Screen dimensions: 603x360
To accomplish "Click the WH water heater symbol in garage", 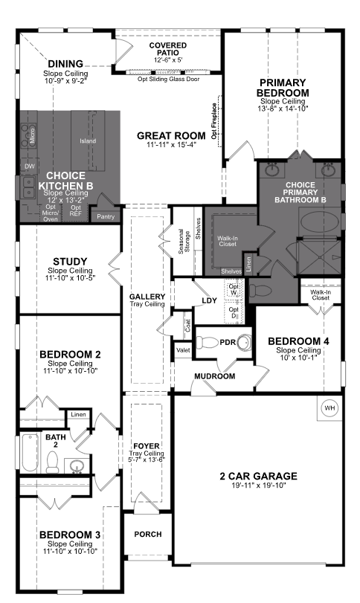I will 329,407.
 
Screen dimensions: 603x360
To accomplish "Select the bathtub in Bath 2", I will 28,453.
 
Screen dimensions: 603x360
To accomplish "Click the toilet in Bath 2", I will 53,462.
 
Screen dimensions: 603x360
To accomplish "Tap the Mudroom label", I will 215,376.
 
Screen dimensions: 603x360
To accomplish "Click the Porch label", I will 147,534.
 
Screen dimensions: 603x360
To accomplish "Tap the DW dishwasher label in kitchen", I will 30,166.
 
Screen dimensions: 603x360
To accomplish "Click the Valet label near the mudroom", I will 182,348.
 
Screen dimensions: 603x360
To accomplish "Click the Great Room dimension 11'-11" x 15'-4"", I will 170,145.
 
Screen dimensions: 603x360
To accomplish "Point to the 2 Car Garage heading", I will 258,476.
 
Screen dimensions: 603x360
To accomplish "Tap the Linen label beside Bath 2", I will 77,414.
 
